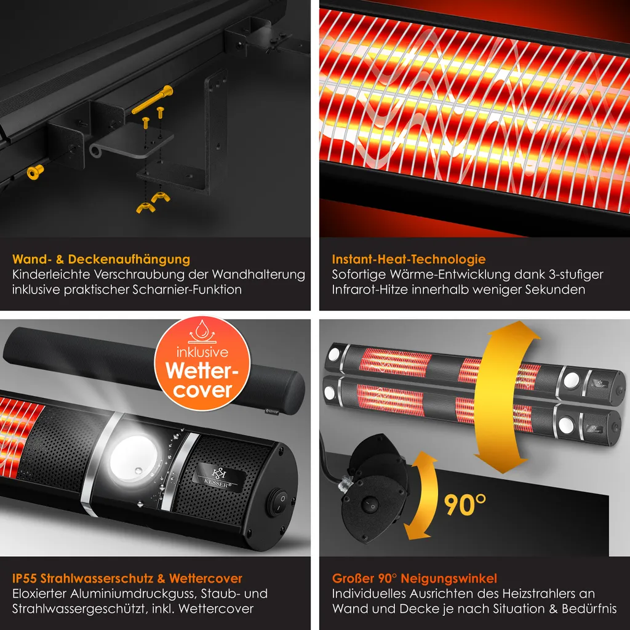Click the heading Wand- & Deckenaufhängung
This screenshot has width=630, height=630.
click(101, 259)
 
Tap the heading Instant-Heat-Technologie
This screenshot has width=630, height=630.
click(409, 259)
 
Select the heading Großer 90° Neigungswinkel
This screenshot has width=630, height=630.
click(414, 578)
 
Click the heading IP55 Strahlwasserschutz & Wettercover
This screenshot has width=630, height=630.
click(127, 578)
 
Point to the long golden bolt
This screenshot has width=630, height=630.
click(153, 100)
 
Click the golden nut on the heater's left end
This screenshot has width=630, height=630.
click(34, 172)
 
